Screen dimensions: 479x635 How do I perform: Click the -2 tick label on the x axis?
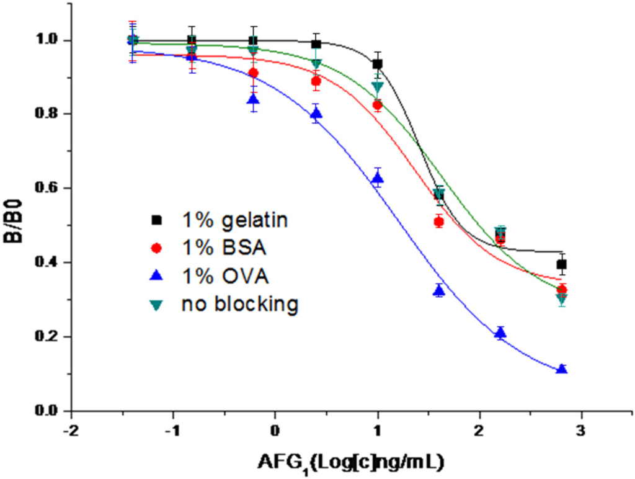(70, 429)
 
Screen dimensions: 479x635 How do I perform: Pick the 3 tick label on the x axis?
(581, 429)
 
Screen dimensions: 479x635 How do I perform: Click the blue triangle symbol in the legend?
(156, 276)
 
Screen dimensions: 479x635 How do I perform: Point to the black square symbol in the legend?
(156, 220)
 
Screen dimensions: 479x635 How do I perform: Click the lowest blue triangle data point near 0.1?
(562, 369)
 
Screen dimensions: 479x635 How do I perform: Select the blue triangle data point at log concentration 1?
(377, 179)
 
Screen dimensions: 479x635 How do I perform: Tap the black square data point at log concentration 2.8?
(562, 265)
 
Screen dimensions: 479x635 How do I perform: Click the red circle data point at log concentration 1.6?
(439, 222)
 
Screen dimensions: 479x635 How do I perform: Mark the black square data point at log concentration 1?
(377, 64)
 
